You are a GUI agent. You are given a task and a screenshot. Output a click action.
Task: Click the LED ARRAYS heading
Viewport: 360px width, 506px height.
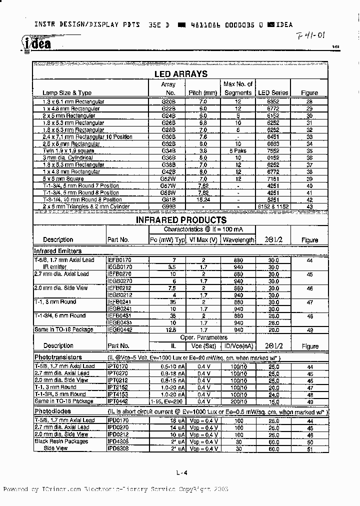(180, 74)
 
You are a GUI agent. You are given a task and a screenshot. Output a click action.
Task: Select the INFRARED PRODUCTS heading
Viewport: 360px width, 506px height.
(181, 220)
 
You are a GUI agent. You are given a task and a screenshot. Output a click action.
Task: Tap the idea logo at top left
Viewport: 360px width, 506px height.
(36, 44)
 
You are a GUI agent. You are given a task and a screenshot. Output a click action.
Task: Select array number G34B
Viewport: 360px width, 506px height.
(170, 150)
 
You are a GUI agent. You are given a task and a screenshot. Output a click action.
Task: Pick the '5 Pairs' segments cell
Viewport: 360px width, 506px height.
(238, 150)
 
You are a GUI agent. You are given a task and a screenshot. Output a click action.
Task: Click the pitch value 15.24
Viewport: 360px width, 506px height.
(202, 199)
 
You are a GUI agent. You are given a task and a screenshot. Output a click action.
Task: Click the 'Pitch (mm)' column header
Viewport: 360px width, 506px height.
(202, 92)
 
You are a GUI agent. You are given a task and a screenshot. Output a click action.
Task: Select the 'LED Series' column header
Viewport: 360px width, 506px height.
(272, 92)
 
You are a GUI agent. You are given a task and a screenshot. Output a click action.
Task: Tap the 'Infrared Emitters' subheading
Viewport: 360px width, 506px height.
(57, 251)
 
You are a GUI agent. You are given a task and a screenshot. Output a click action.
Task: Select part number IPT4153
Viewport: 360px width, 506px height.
(118, 394)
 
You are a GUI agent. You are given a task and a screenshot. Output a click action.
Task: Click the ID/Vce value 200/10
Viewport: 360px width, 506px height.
(238, 401)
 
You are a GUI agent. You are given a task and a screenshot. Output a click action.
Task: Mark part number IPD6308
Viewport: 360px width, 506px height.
(118, 448)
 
